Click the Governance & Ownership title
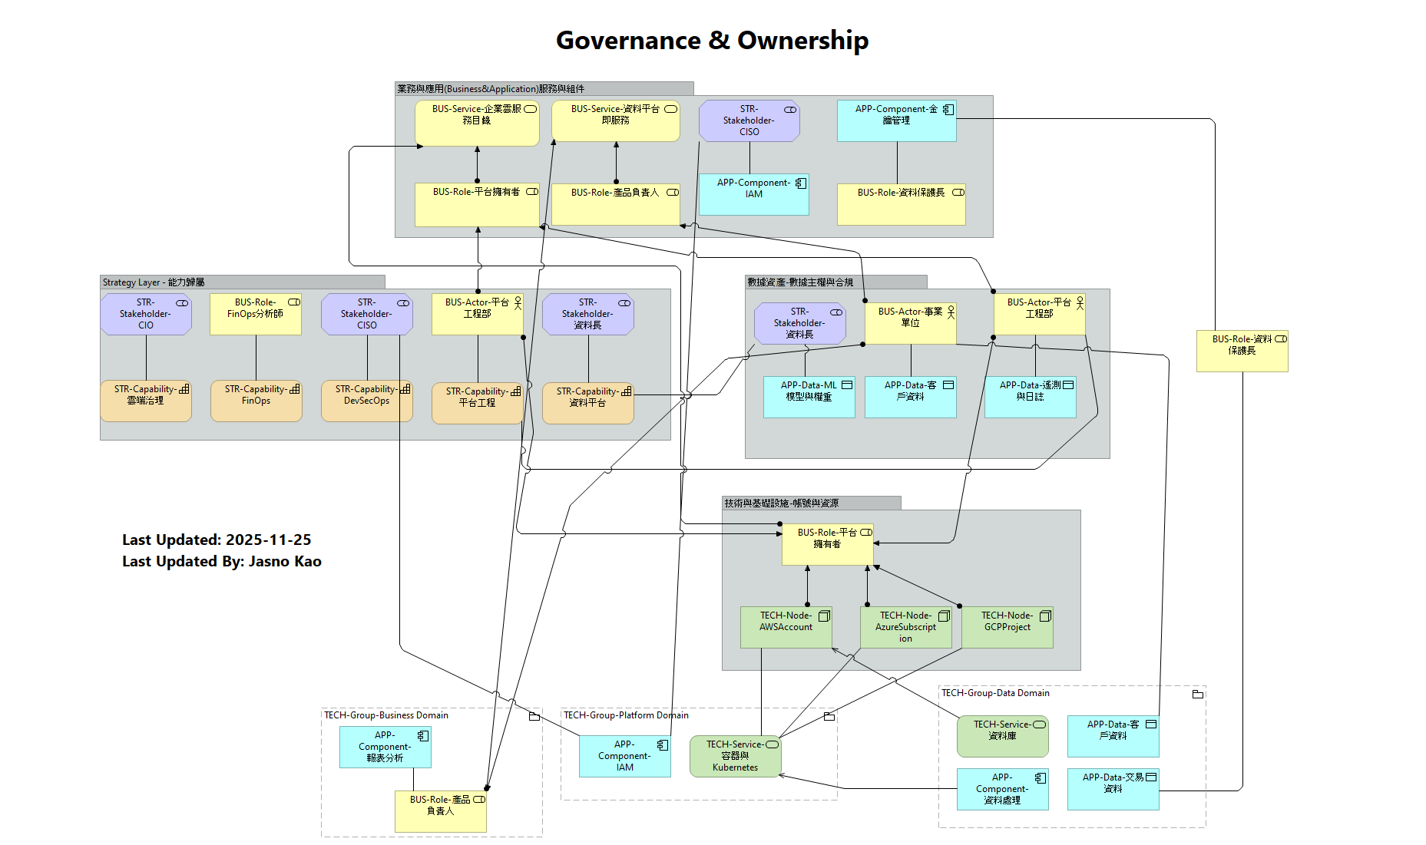(x=712, y=40)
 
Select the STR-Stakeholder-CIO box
(x=146, y=314)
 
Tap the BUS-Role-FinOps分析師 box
(x=256, y=314)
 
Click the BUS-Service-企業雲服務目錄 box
(x=477, y=123)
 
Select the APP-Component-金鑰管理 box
(x=896, y=121)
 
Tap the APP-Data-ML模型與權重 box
(x=809, y=397)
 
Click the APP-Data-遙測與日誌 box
(x=1030, y=397)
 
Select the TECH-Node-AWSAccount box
(x=786, y=627)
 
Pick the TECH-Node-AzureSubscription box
(x=905, y=627)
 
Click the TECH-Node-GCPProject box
(x=1007, y=627)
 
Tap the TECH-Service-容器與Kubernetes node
(x=735, y=756)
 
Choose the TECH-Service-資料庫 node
(x=1002, y=736)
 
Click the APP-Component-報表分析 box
(x=385, y=747)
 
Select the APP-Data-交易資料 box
(x=1113, y=789)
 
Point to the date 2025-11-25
(x=268, y=540)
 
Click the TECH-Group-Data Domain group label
(x=995, y=693)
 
